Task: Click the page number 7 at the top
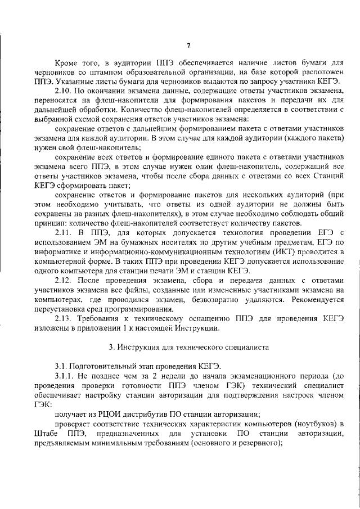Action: point(189,46)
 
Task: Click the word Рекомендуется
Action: point(314,299)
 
